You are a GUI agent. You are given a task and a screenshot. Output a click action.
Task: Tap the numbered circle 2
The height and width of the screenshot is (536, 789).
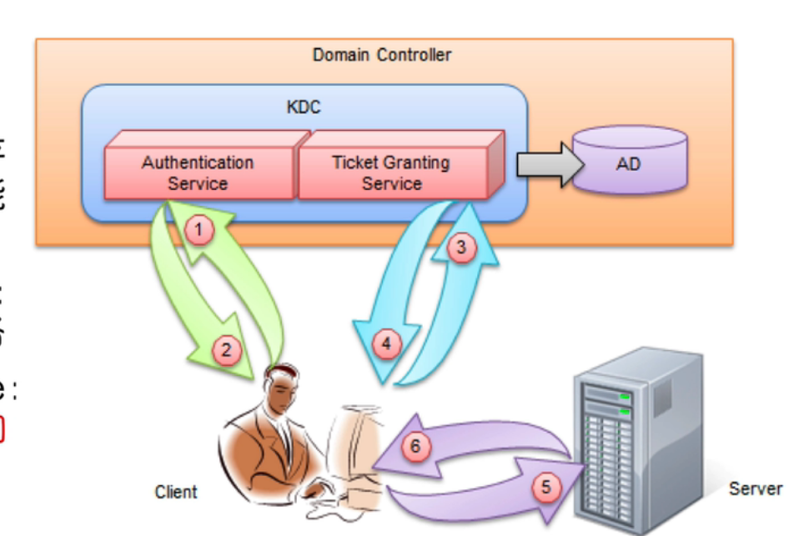coord(226,350)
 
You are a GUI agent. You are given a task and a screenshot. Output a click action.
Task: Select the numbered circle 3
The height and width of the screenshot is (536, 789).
coord(460,246)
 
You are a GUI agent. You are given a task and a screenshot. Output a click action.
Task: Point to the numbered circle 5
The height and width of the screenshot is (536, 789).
coord(546,487)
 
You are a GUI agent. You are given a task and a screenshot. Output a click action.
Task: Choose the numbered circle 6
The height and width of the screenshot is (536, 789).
coord(416,447)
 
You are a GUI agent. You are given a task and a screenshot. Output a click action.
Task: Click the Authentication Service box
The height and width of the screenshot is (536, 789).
coord(199,172)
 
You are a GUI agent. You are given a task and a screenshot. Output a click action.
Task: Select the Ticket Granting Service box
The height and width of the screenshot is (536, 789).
coord(392,172)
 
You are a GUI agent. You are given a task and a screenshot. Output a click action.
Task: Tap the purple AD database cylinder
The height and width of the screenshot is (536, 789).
coord(628,163)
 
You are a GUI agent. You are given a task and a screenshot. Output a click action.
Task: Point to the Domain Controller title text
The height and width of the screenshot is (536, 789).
coord(381,56)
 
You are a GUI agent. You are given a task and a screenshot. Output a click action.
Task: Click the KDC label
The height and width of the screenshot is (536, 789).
coord(304,107)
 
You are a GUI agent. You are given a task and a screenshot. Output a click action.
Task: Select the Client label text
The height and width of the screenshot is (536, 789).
coord(176,492)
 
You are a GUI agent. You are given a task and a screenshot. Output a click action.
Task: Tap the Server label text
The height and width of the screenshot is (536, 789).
coord(755,488)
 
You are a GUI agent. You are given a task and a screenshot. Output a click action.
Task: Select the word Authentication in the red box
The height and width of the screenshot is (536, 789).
coord(198,162)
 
